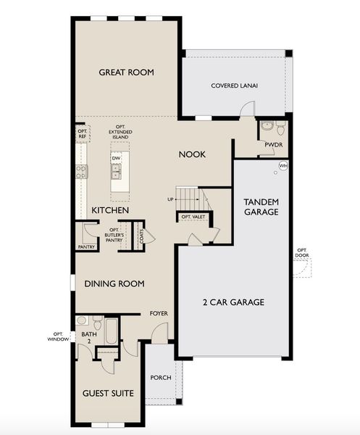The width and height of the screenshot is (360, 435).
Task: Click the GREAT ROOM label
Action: coord(127,72)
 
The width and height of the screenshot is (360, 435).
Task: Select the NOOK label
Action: coord(193,154)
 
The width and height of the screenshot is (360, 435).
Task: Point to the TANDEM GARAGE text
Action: coord(261,207)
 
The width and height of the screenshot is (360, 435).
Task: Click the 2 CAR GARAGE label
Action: coord(233,302)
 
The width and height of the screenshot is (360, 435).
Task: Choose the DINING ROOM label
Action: coord(114,283)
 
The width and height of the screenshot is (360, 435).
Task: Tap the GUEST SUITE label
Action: coord(109,393)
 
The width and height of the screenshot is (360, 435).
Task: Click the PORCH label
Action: coord(160,378)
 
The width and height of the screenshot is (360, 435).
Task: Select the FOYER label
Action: coord(159,313)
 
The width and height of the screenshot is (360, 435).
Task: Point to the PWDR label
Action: coord(273,144)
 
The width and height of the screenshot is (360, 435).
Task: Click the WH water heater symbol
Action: coord(283,166)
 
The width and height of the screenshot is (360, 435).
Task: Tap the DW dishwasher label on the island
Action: coord(116,158)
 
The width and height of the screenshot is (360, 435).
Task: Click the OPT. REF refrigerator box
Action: coord(82,133)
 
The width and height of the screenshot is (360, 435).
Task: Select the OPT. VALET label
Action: coord(191,217)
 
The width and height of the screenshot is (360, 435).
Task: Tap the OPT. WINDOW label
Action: coord(59,336)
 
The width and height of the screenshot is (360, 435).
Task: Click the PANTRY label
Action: coord(86,246)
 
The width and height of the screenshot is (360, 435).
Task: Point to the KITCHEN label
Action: coord(110,210)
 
